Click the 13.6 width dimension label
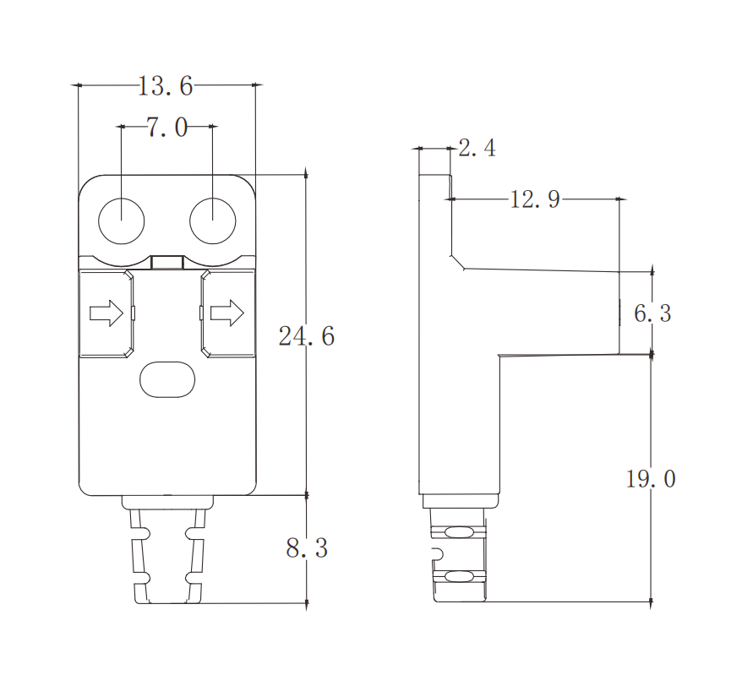pyautogui.click(x=166, y=85)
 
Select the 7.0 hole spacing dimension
pyautogui.click(x=166, y=128)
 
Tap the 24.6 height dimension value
pyautogui.click(x=307, y=336)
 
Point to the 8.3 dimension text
pyautogui.click(x=307, y=548)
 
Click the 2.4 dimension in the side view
pyautogui.click(x=477, y=150)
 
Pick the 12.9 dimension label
pyautogui.click(x=535, y=200)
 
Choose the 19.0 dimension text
pyautogui.click(x=651, y=480)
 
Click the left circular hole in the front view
pyautogui.click(x=122, y=221)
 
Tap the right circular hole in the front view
pyautogui.click(x=212, y=221)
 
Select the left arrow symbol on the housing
pyautogui.click(x=106, y=313)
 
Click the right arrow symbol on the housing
pyautogui.click(x=226, y=313)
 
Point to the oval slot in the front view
pyautogui.click(x=167, y=379)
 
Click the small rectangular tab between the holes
pyautogui.click(x=167, y=262)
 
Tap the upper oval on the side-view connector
pyautogui.click(x=459, y=532)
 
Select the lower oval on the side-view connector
pyautogui.click(x=459, y=577)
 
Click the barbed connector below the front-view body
pyautogui.click(x=167, y=553)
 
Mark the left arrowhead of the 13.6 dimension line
pyautogui.click(x=76, y=85)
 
